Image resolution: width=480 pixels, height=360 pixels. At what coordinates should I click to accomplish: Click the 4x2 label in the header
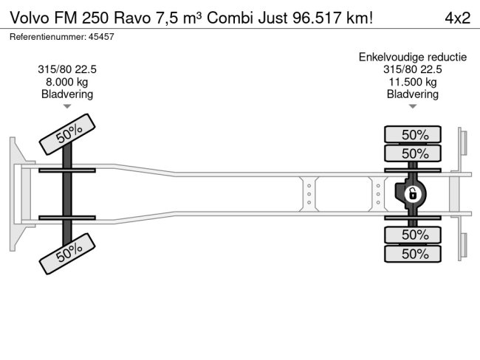click(456, 18)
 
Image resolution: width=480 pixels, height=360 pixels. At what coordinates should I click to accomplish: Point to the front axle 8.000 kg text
click(67, 82)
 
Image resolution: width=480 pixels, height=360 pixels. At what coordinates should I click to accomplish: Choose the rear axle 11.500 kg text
click(413, 82)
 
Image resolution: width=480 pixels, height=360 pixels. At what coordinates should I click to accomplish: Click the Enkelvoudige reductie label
click(413, 57)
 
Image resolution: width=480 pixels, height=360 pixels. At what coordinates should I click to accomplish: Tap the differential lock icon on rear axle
click(413, 194)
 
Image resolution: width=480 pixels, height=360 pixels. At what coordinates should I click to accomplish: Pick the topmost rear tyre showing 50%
click(413, 134)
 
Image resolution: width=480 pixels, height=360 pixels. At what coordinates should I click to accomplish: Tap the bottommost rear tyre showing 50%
click(413, 254)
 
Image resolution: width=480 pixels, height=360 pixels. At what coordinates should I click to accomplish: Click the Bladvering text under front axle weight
click(67, 94)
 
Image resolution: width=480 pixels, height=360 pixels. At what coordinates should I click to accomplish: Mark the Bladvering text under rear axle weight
click(413, 94)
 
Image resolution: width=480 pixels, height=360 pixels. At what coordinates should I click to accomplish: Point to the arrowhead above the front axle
click(67, 107)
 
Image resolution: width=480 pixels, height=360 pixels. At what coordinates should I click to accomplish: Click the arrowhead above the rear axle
click(413, 107)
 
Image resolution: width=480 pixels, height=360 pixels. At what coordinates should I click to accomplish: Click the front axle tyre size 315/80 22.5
click(67, 69)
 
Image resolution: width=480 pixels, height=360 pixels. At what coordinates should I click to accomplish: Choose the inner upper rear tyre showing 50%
click(413, 153)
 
